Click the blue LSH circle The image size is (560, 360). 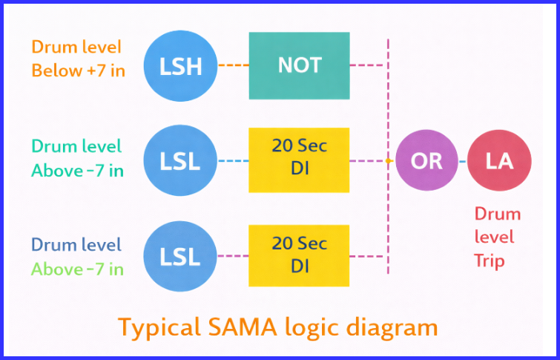[x=179, y=66]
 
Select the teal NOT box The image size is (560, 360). [x=299, y=65]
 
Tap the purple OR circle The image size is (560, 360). [x=426, y=160]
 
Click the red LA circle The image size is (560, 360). [x=499, y=160]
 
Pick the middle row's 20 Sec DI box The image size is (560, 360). [x=299, y=160]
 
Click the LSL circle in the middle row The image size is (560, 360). [x=179, y=160]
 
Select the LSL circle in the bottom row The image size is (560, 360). [x=179, y=256]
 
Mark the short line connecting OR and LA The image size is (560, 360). [x=463, y=160]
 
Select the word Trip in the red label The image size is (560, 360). [x=490, y=261]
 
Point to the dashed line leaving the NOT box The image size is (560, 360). [x=367, y=65]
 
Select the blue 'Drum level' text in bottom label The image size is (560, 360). [x=76, y=244]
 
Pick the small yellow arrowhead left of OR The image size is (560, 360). [x=389, y=160]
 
